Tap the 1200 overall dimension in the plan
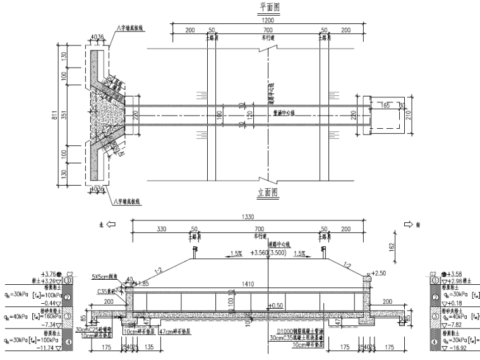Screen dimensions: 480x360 point(267,20)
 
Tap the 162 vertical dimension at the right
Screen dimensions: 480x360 point(393,248)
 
